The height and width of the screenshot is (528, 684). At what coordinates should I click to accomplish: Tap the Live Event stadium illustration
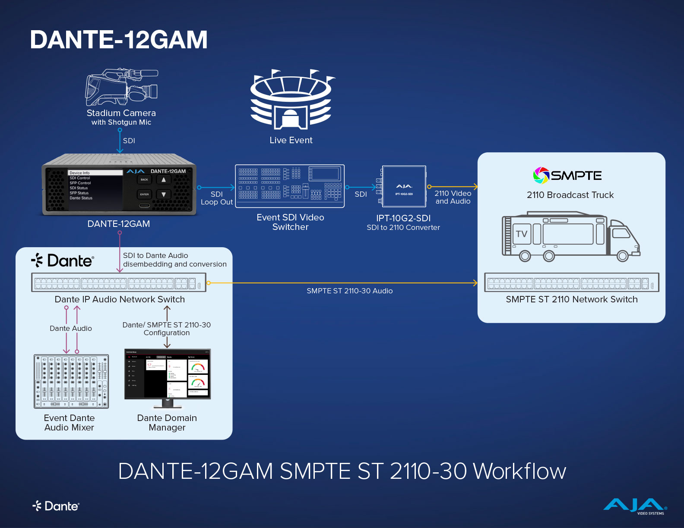(x=291, y=100)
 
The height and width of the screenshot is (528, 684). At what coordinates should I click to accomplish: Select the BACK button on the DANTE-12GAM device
(x=144, y=179)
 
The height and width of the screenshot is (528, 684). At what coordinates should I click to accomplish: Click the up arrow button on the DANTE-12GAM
(x=164, y=179)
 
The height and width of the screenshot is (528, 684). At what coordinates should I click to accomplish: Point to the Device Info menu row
(x=95, y=173)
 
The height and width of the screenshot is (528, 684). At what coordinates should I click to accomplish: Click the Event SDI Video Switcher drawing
(x=290, y=186)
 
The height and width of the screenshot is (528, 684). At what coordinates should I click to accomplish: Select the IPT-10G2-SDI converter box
(x=404, y=186)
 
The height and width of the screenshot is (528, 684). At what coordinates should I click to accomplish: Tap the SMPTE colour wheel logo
(x=541, y=175)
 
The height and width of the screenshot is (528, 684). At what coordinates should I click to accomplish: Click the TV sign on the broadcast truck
(x=522, y=234)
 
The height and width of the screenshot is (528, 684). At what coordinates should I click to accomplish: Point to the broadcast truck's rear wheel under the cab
(x=622, y=256)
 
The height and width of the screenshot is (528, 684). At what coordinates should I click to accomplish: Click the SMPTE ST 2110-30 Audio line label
(x=350, y=291)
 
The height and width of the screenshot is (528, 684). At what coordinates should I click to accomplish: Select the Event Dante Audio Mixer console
(x=71, y=381)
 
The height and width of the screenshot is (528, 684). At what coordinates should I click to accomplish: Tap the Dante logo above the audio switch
(x=63, y=261)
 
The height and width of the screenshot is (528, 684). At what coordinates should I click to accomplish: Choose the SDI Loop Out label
(x=217, y=198)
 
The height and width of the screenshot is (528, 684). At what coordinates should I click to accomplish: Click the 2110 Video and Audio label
(x=453, y=197)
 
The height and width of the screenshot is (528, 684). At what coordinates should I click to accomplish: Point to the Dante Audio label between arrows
(x=71, y=328)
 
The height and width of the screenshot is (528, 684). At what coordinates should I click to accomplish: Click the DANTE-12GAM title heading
(x=119, y=40)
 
